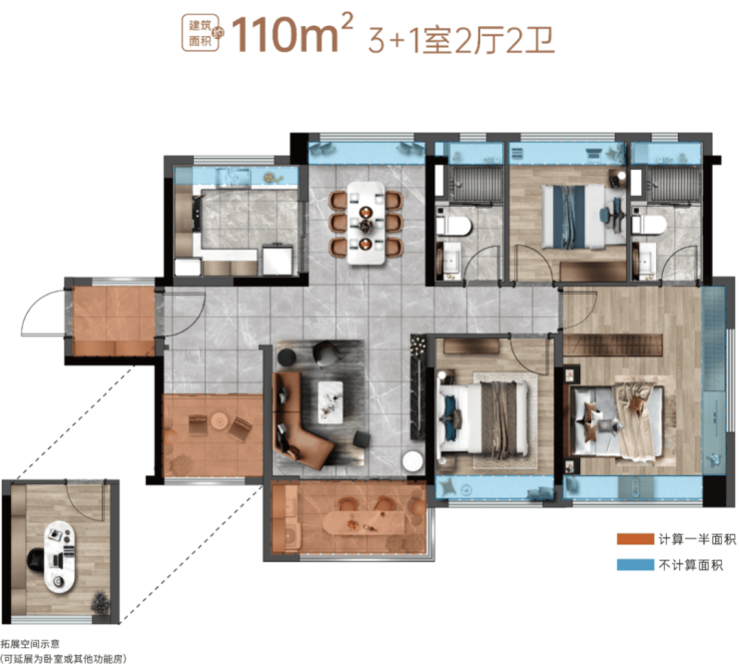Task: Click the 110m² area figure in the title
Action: (293, 33)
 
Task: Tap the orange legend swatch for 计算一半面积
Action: (635, 539)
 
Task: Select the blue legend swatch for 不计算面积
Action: (635, 564)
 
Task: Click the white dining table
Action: (367, 223)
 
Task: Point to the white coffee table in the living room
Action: (331, 402)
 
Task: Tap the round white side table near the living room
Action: (412, 461)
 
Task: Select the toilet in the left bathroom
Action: (453, 227)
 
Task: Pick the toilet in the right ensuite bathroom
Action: (649, 225)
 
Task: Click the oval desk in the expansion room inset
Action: (60, 556)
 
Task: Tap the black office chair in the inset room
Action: (36, 559)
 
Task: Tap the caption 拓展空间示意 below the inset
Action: (30, 644)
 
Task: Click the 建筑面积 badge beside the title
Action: (201, 33)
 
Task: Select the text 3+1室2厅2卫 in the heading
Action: (461, 40)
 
